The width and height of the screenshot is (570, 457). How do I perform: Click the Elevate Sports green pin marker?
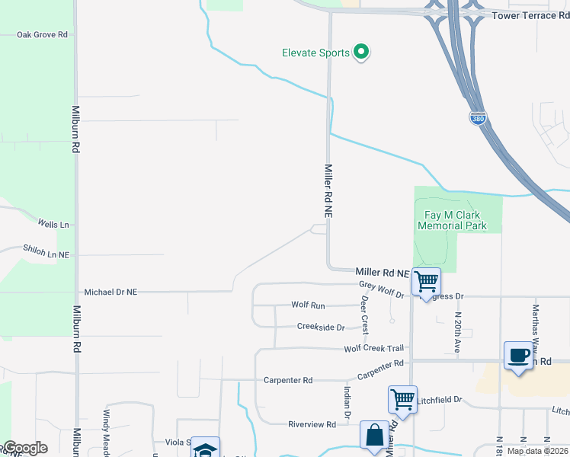363,53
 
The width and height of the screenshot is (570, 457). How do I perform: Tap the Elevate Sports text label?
315,53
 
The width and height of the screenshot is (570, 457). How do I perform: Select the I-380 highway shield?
477,119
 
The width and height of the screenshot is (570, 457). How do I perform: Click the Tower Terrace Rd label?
530,15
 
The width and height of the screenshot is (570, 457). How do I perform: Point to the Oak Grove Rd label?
42,35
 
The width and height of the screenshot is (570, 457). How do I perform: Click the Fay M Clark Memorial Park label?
452,220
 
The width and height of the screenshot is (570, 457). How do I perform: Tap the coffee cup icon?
518,356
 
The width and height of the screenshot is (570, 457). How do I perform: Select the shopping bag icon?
374,437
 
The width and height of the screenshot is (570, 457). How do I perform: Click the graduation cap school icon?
204,449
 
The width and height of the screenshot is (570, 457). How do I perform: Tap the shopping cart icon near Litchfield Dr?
402,398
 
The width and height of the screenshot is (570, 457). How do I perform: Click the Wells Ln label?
53,224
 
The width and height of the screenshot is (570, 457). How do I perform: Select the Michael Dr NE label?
110,292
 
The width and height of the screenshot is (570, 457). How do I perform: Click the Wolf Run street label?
308,305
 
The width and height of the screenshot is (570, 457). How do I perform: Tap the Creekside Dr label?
321,328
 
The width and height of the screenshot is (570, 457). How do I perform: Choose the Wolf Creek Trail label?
373,349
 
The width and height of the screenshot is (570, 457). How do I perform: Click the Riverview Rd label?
312,424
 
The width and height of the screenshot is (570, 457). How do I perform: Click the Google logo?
24,448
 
